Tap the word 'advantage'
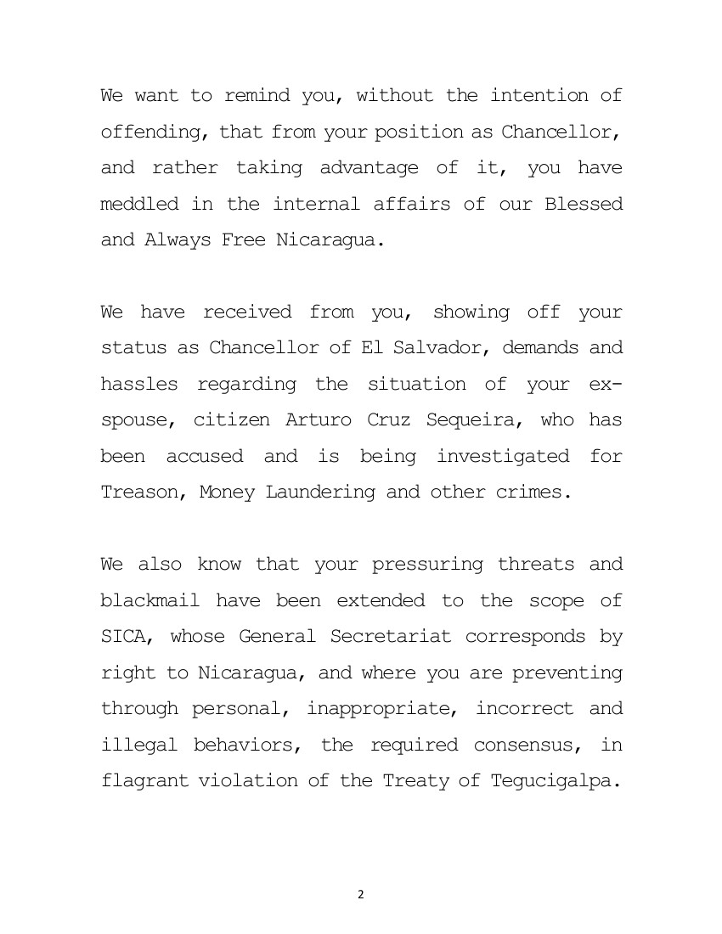(x=369, y=167)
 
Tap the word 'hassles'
(x=139, y=384)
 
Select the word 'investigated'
(x=503, y=456)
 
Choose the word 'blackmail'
(x=150, y=600)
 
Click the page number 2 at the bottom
(x=361, y=894)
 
